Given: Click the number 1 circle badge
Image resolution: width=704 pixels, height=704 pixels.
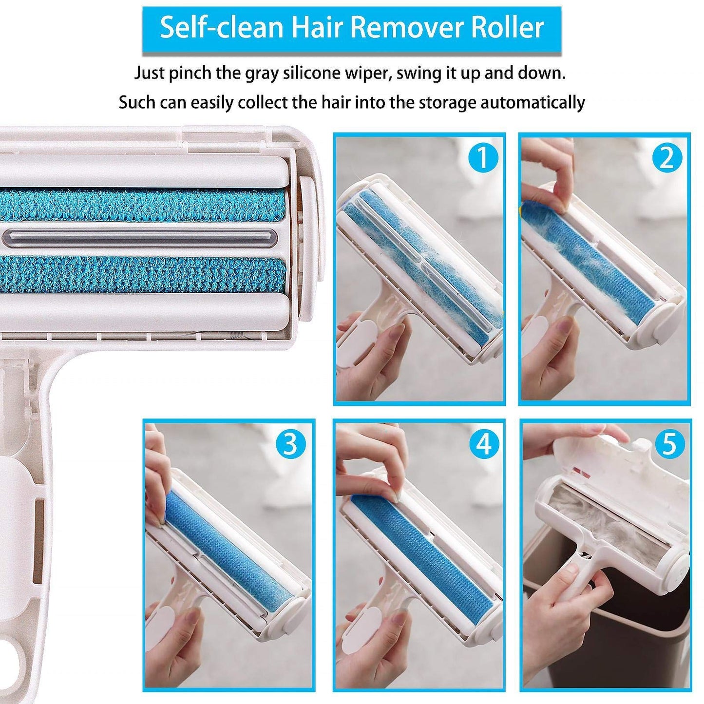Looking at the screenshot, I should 483,157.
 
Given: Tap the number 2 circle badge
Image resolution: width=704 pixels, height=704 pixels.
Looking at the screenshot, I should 667,157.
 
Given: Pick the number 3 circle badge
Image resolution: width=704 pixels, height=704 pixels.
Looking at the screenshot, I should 290,444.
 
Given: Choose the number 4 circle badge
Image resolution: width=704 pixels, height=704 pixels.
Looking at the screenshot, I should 483,444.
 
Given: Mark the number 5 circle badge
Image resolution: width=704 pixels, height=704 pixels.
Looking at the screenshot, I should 670,444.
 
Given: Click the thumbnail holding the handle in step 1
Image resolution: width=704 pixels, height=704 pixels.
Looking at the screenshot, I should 390,336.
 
